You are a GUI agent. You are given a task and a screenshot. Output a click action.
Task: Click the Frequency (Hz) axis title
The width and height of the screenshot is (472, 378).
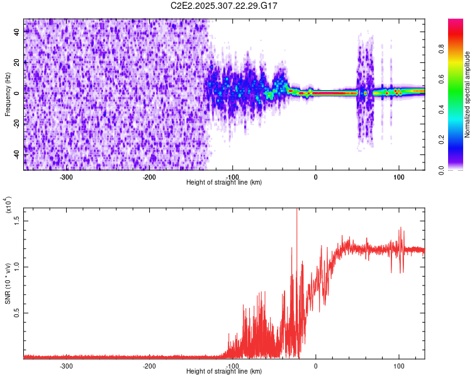tap(8, 94)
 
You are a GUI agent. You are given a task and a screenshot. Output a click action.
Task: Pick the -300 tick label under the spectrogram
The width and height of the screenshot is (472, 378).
tap(66, 177)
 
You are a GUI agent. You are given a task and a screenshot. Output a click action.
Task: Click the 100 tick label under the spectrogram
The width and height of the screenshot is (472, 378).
tap(398, 177)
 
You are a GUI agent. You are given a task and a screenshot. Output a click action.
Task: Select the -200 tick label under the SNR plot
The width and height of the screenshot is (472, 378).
tap(149, 366)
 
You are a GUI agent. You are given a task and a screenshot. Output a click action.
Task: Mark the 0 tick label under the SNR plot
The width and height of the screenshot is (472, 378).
tap(316, 366)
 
